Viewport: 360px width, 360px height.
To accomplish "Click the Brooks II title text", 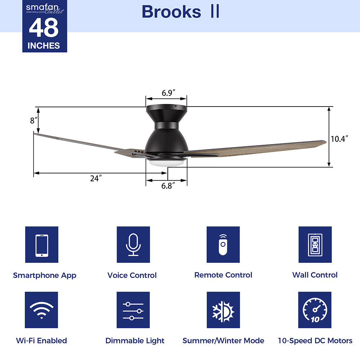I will (x=180, y=12).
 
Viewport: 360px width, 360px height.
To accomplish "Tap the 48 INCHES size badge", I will (x=45, y=31).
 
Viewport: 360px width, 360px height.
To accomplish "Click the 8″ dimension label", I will (x=33, y=121).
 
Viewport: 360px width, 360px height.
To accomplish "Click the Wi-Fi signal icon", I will (x=42, y=310).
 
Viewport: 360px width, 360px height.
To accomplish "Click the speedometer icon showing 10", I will (x=315, y=310).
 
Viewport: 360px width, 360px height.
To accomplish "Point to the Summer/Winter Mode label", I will (x=223, y=341).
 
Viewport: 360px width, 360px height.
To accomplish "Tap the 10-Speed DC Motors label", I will (x=315, y=341).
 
